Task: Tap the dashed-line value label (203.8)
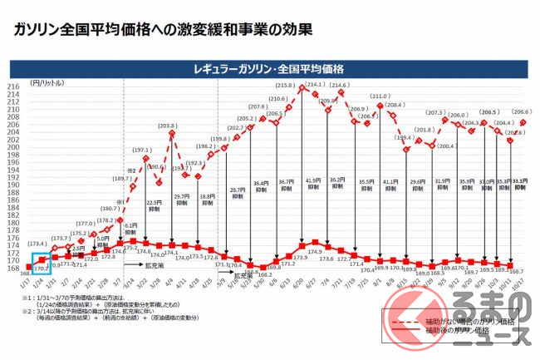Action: pos(169,126)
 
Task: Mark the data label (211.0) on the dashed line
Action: pos(379,96)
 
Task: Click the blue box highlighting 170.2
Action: pos(39,264)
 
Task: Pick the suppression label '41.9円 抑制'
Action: pos(313,185)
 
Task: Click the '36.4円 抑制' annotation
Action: pos(263,186)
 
